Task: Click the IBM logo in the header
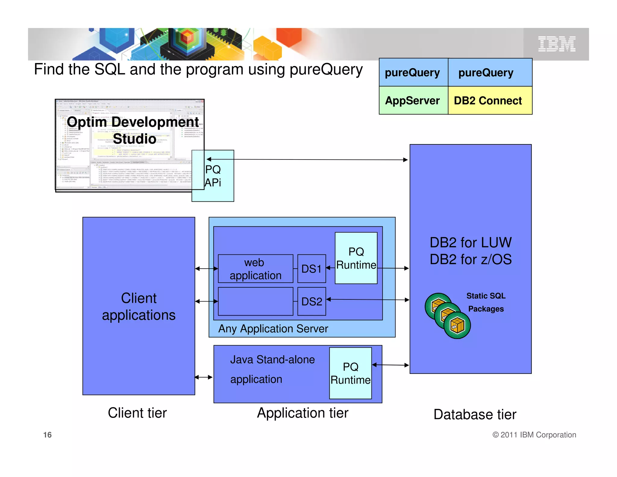(557, 44)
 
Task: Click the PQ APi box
(213, 176)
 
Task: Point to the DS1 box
(312, 269)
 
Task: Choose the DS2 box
(312, 301)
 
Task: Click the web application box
(255, 269)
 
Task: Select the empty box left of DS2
(255, 301)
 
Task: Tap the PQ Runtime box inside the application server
(356, 258)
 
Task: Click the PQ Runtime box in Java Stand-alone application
(350, 373)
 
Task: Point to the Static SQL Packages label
(486, 302)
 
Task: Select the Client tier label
(137, 413)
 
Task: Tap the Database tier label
(475, 414)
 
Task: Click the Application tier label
(302, 413)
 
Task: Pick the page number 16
(47, 435)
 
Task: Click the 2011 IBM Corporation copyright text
(534, 435)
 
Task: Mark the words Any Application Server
(273, 329)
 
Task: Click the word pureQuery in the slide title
(326, 70)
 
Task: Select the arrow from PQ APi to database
(307, 160)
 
